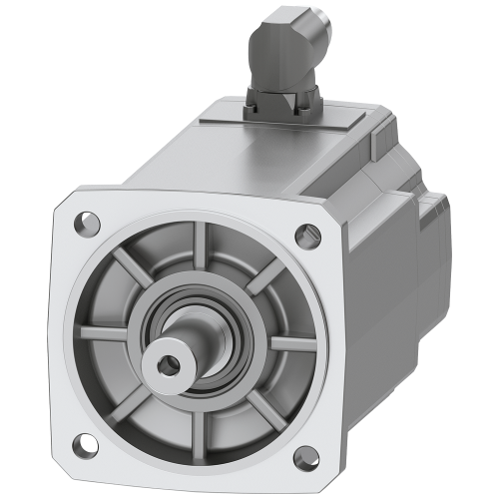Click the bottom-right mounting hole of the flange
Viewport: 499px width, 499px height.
click(298, 462)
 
